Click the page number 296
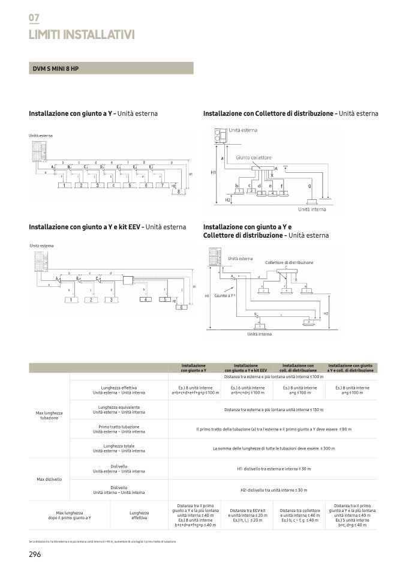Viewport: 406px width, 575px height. point(35,554)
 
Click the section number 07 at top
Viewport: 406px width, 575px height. point(34,18)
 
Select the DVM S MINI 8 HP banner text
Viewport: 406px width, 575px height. point(56,68)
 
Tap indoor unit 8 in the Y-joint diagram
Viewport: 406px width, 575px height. point(179,192)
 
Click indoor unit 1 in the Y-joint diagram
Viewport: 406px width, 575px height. point(63,186)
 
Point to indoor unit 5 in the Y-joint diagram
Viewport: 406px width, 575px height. point(129,186)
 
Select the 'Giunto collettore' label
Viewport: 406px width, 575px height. point(253,157)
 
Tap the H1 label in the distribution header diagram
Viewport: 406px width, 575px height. point(213,172)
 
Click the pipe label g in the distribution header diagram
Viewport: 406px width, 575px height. point(309,186)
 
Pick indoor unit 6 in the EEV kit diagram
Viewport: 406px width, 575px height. point(179,307)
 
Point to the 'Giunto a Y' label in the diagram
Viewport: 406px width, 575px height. point(224,296)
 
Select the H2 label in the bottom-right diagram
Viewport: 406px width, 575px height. point(326,314)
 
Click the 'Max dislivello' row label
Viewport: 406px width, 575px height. point(49,479)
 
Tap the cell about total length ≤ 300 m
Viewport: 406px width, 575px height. point(273,448)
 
